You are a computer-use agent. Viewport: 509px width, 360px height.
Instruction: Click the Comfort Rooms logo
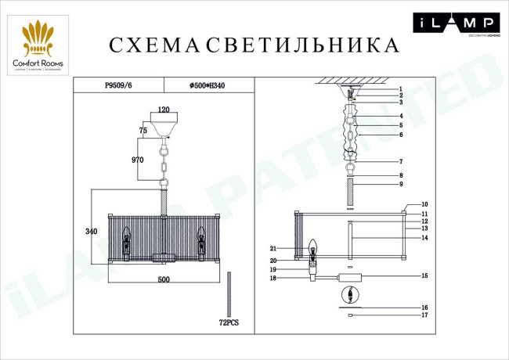click(38, 47)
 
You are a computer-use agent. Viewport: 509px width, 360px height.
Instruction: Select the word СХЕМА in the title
click(153, 45)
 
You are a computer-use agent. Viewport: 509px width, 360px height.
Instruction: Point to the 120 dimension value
click(164, 110)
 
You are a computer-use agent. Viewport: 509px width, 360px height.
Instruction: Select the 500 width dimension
click(163, 279)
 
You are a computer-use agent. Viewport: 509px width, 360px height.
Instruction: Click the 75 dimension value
click(143, 130)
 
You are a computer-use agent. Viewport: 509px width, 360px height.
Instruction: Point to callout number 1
click(399, 89)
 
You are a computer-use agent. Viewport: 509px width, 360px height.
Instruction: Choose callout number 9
click(400, 185)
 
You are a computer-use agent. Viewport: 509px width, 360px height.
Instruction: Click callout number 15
click(424, 275)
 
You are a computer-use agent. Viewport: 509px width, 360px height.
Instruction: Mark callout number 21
click(274, 248)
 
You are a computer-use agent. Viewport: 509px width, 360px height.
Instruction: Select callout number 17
click(424, 316)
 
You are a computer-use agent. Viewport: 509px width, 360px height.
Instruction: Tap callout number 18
click(273, 278)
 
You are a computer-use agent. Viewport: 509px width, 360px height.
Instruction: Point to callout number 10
click(424, 204)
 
